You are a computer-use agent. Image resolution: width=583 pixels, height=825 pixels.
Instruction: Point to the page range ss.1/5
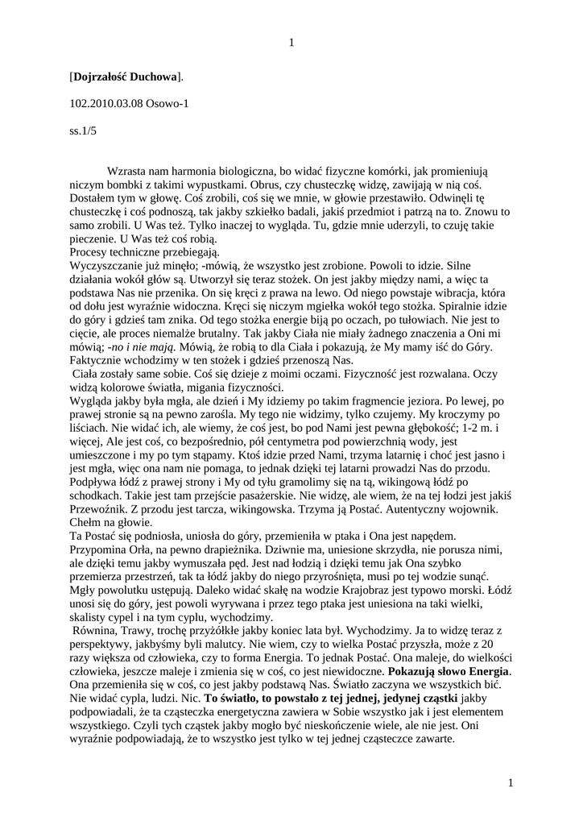coord(82,130)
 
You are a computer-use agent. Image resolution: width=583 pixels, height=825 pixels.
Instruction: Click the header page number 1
coord(291,42)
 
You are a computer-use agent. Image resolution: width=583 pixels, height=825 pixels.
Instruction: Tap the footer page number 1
coord(511,782)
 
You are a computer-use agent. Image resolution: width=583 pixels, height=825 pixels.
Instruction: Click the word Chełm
coord(86,521)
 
